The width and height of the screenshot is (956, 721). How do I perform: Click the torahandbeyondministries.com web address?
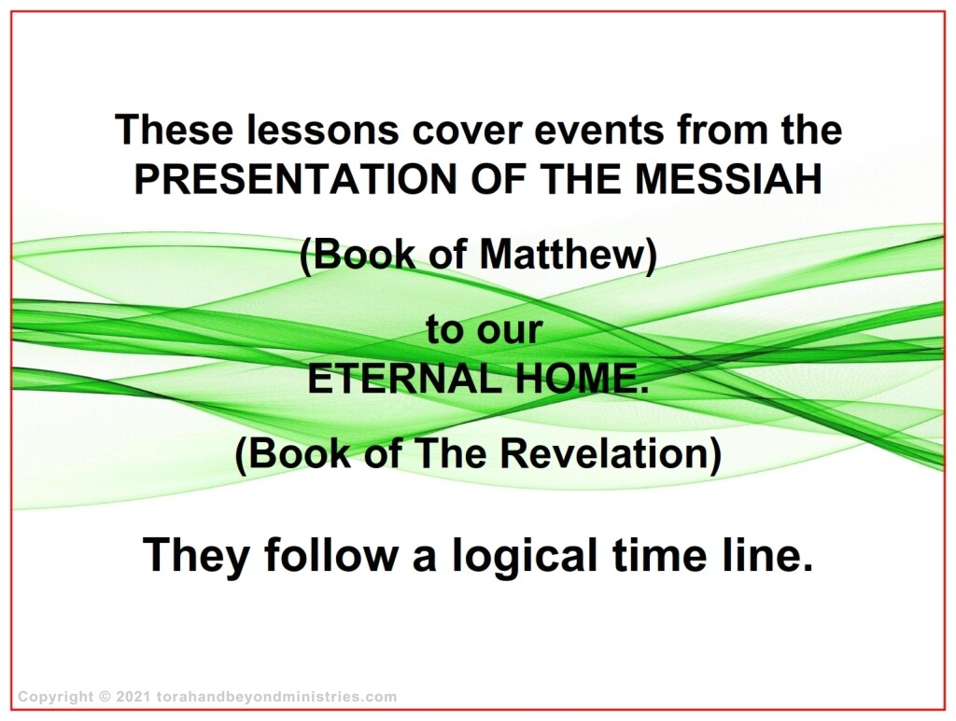coord(276,697)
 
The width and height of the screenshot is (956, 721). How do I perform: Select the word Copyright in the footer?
coord(56,698)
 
